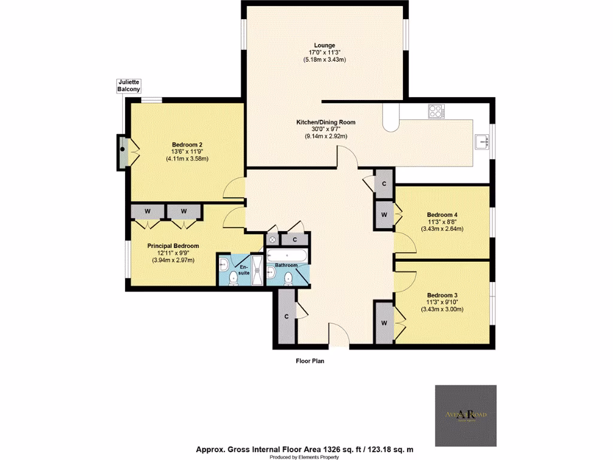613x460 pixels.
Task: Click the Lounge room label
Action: tap(326, 45)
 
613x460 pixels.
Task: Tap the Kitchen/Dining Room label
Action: tap(326, 122)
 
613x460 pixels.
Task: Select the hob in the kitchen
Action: tap(436, 111)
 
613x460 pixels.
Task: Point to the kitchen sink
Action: tap(482, 141)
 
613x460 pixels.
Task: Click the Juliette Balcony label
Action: tap(129, 85)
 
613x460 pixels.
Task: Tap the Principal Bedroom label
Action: tap(174, 246)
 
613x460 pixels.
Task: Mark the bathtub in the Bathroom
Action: tap(287, 255)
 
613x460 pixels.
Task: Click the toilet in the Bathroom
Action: tap(289, 277)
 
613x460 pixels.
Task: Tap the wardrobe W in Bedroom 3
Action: tap(383, 323)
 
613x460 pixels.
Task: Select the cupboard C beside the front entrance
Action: tap(287, 316)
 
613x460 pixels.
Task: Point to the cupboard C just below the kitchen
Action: tap(383, 184)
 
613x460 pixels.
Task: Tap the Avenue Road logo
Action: tap(465, 416)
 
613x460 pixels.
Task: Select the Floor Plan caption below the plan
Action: tap(310, 361)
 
